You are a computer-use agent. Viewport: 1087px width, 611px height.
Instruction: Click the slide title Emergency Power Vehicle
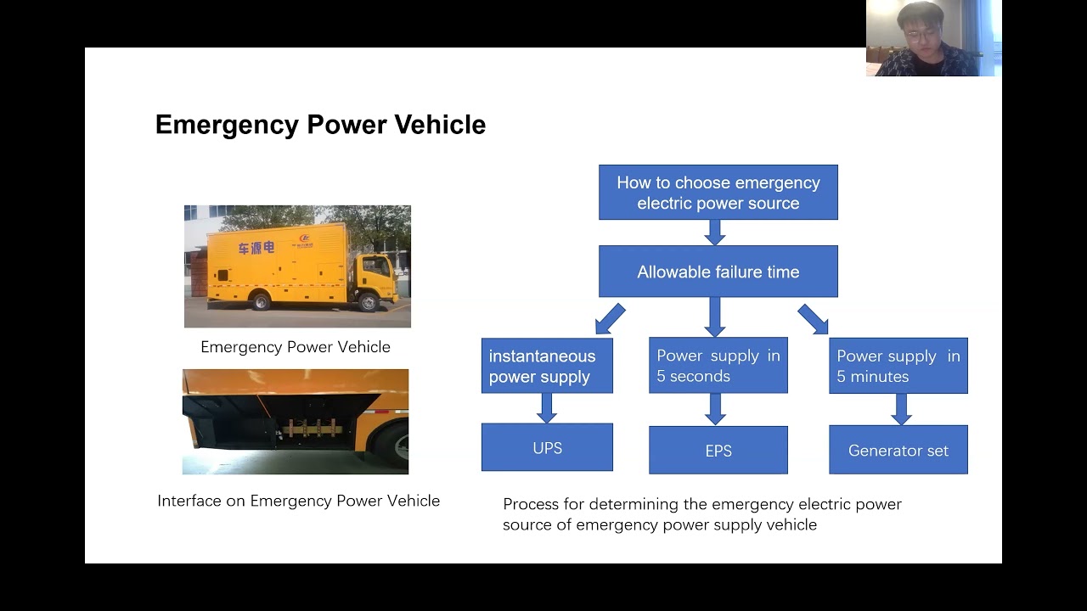[320, 125]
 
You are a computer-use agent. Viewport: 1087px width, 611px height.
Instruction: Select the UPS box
[547, 447]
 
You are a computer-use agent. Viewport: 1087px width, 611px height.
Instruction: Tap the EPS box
[718, 451]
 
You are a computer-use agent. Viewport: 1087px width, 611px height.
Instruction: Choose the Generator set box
[898, 451]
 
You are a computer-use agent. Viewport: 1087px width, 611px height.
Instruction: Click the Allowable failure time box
[718, 272]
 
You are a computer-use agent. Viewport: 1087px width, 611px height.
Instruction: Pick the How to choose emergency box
[718, 193]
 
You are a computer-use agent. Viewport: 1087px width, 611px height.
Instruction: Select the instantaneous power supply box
[547, 366]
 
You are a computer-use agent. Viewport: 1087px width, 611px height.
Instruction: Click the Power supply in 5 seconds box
[718, 366]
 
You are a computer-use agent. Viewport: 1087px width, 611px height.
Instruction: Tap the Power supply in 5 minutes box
[898, 366]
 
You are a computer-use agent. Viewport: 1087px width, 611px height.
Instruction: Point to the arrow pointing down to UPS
[547, 408]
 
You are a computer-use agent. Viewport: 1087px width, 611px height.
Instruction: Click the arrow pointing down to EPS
[715, 409]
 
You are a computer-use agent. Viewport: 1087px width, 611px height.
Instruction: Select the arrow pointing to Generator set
[902, 409]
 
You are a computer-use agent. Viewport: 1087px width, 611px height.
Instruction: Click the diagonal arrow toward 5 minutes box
[814, 320]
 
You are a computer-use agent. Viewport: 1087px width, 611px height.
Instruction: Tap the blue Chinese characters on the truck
[256, 248]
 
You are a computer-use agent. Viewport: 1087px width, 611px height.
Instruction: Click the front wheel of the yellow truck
[368, 300]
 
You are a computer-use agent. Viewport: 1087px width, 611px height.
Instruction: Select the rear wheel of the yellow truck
[262, 301]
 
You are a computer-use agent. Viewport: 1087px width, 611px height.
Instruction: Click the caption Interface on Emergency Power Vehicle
[298, 501]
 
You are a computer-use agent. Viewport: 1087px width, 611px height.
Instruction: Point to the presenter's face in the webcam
[921, 27]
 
